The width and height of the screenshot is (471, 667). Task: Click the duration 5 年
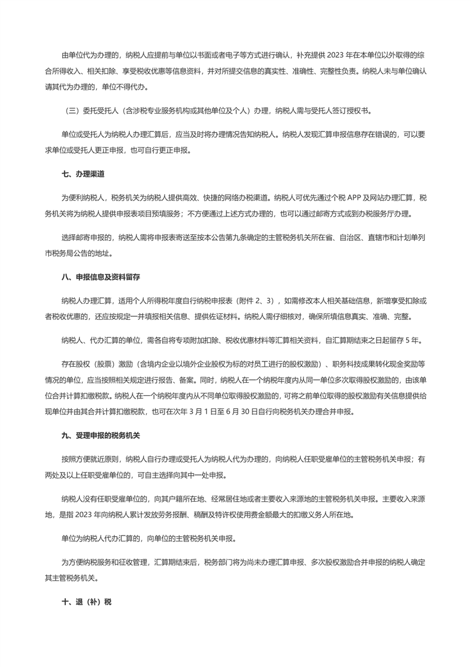coord(413,341)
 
